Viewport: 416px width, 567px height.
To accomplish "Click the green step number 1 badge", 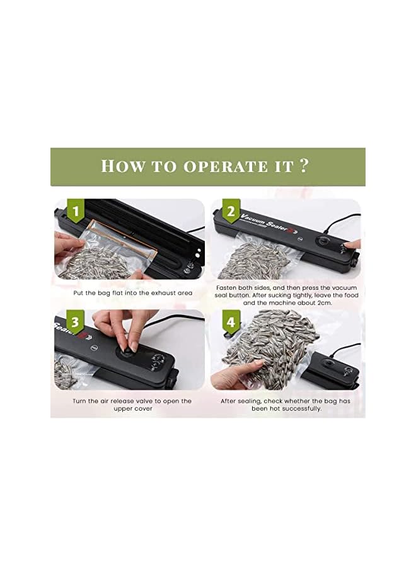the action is [76, 210].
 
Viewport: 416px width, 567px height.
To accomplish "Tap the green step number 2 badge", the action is [231, 210].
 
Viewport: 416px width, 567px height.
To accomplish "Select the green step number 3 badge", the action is [76, 321].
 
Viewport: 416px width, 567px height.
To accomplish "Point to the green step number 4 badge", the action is [231, 321].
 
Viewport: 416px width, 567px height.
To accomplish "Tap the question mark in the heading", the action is [304, 166].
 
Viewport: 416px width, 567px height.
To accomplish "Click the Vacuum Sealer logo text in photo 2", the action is [263, 222].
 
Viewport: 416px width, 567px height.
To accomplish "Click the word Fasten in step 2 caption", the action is [227, 288].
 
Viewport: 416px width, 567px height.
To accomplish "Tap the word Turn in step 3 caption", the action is [79, 401].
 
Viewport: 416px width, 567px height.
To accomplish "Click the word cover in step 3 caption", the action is [144, 409].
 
